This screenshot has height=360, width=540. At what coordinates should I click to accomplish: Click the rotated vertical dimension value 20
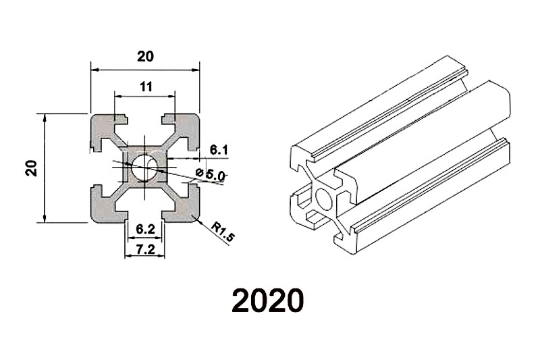[30, 168]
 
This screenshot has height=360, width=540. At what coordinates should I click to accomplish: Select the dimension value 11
[146, 86]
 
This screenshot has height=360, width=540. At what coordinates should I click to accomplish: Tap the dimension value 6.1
[219, 149]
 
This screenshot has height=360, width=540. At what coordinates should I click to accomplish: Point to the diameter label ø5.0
[211, 174]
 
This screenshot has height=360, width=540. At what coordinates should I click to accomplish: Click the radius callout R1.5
[221, 232]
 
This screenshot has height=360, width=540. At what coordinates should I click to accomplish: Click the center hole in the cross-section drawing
[145, 168]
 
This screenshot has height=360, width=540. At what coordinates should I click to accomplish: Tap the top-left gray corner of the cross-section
[104, 128]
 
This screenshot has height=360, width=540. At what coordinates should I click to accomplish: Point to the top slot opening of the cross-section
[145, 120]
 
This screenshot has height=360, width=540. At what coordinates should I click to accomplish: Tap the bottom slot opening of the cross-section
[145, 215]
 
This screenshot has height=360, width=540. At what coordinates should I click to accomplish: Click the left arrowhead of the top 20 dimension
[94, 69]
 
